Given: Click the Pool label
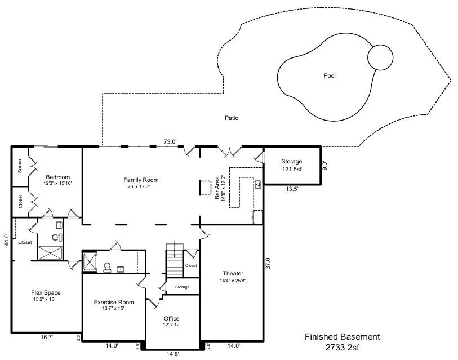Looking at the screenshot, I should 330,75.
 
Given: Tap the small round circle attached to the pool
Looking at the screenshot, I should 380,57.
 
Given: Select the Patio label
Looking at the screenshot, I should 232,118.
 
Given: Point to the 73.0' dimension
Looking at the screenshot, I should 170,141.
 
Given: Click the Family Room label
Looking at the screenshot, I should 141,180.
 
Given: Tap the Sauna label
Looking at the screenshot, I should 20,167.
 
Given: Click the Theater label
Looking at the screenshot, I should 233,274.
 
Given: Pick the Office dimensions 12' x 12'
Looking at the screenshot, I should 171,325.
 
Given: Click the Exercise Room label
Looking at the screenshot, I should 114,302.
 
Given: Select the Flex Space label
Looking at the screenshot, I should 46,292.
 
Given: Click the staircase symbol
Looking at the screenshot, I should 175,259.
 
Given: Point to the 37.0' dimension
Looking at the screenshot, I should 268,263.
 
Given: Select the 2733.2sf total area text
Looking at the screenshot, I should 343,348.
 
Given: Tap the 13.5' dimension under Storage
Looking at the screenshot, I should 292,189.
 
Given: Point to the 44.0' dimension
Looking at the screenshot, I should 6,240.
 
